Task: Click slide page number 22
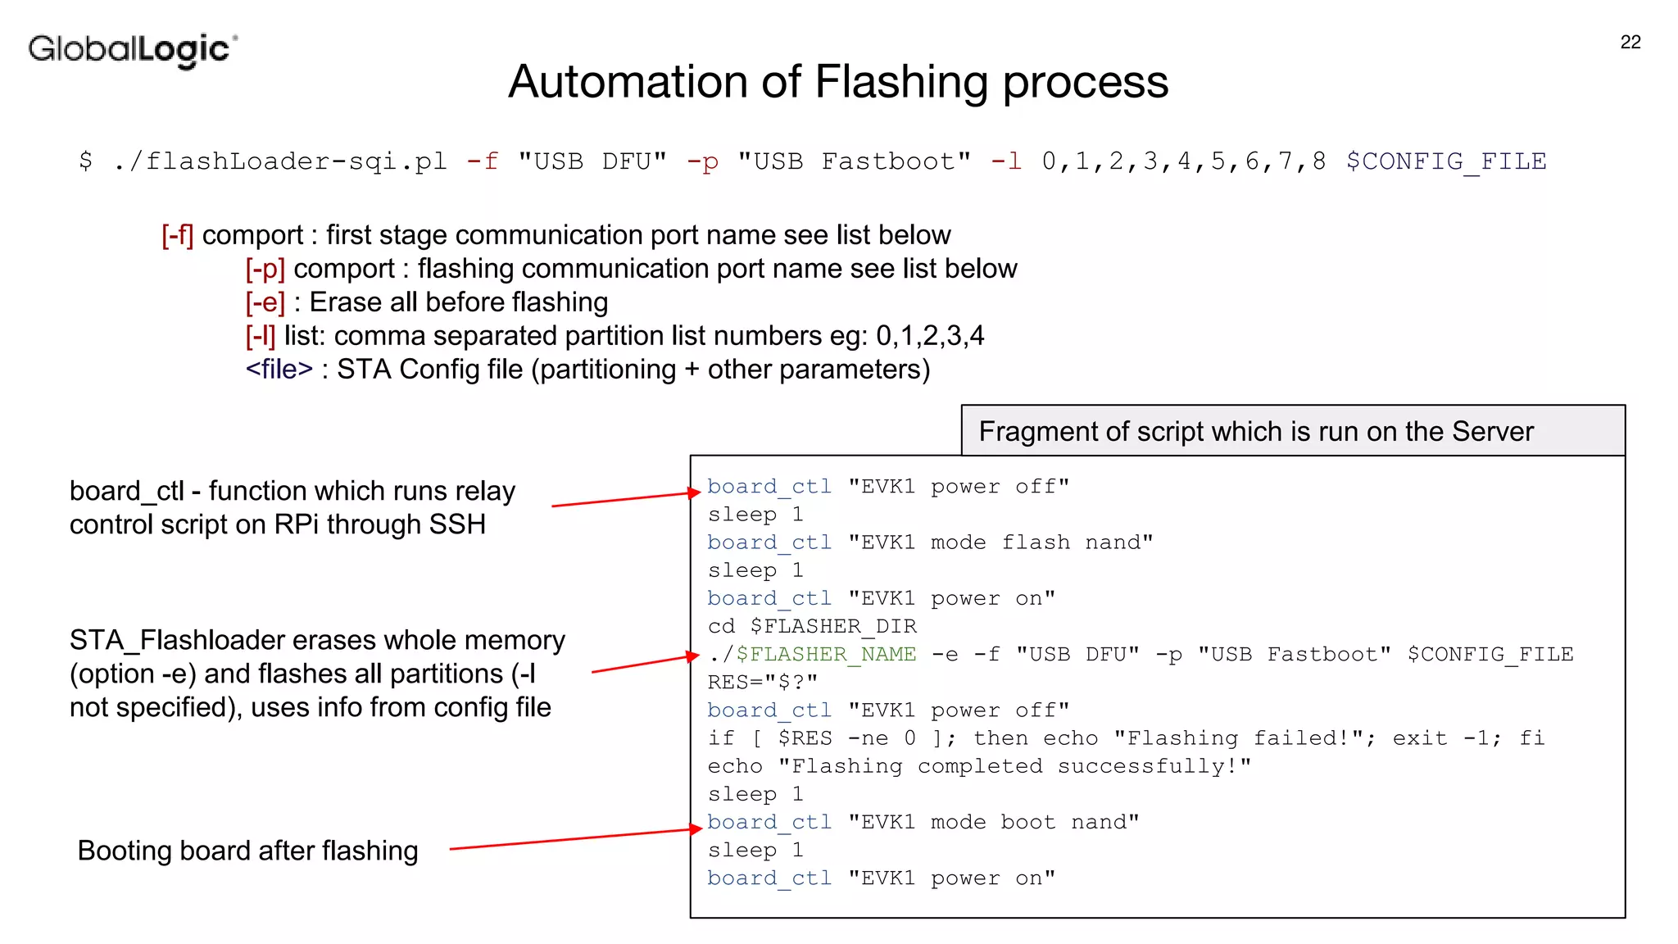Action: [1630, 43]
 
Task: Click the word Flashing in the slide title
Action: [901, 82]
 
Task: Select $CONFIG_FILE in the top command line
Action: [1445, 161]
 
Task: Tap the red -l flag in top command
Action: [1006, 161]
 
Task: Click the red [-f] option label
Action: [177, 236]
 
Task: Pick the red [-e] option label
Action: [265, 303]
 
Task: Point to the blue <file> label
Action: [279, 370]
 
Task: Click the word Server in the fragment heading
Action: [1492, 432]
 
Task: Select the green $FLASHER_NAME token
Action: [826, 655]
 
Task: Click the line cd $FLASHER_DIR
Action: [812, 627]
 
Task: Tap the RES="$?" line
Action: [762, 683]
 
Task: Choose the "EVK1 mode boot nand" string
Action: [993, 823]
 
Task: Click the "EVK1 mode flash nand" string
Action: [1000, 542]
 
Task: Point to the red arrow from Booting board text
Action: [574, 839]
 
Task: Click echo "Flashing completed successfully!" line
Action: [979, 767]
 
